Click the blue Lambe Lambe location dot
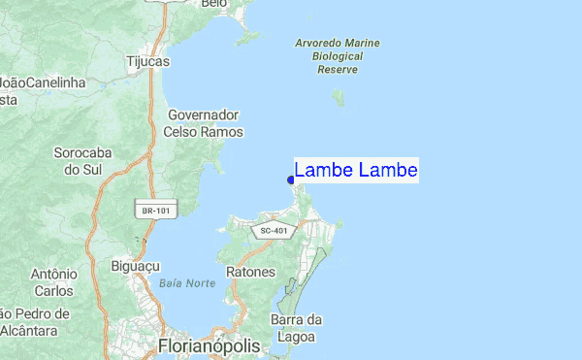291,180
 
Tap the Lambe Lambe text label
356,171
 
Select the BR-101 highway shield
148,210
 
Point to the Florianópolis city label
209,346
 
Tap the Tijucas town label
147,61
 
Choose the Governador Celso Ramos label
204,123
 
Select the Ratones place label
250,273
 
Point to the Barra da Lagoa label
297,328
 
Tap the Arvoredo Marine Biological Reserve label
338,56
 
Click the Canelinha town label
55,82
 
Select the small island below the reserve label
339,98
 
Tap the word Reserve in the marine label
339,70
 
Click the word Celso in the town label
180,132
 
